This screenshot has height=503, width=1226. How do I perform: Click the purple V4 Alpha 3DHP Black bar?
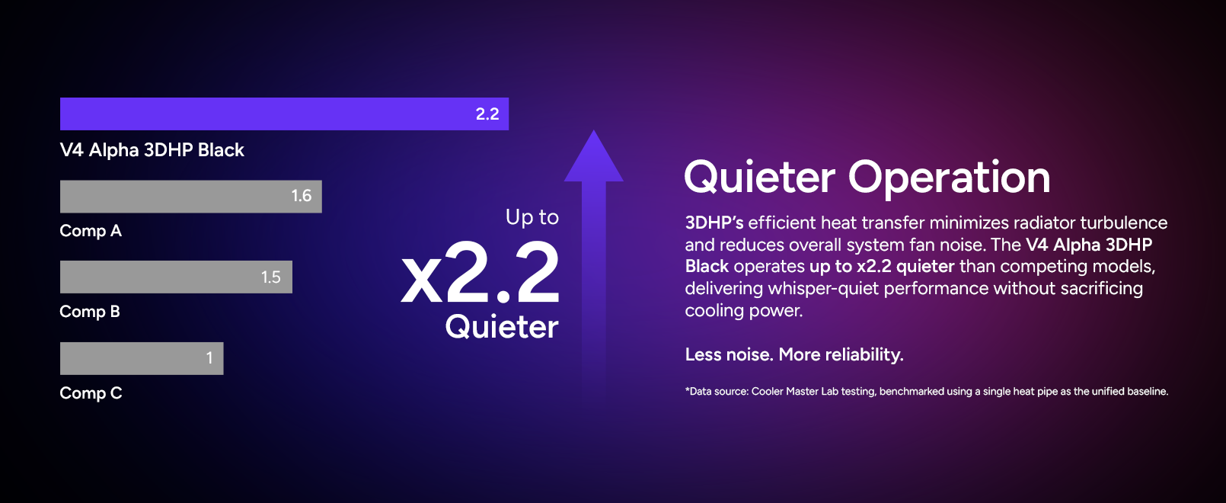[284, 114]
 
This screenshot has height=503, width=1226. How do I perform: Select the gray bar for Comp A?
[191, 197]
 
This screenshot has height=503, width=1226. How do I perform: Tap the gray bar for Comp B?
[176, 277]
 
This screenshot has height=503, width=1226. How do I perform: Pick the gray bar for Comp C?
[142, 358]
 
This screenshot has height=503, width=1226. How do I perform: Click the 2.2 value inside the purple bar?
[487, 114]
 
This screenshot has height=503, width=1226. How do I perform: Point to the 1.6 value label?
[301, 196]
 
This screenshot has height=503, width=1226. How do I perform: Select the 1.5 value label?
[271, 277]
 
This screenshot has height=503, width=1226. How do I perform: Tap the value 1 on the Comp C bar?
[209, 358]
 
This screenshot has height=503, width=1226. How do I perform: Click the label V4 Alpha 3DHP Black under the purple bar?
[152, 150]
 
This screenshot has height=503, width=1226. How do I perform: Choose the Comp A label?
[91, 231]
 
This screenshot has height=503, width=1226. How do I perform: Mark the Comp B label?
[90, 311]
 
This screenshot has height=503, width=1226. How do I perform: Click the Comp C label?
[91, 392]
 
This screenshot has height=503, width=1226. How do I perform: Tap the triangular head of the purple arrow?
[594, 159]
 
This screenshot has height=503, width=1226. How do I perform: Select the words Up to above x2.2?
[532, 217]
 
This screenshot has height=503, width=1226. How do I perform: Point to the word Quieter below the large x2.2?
[502, 326]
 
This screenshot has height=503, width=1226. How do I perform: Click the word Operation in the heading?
[949, 178]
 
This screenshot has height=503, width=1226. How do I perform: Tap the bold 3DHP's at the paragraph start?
[714, 223]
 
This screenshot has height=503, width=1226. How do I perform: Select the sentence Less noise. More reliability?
[794, 354]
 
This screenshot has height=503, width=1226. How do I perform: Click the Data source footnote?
[927, 391]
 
